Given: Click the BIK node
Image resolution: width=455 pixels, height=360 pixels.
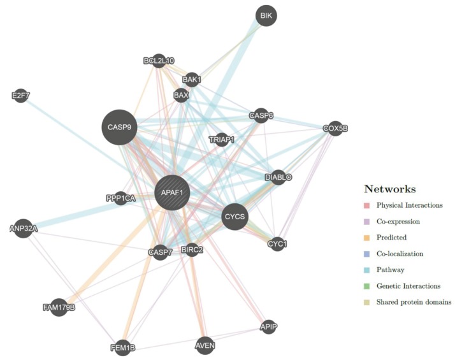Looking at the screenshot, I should point(267,15).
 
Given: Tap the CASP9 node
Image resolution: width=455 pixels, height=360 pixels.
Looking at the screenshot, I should point(119,127).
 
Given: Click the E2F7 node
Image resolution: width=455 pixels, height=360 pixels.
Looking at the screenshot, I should point(21,96).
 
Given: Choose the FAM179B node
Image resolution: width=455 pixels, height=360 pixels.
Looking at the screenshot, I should point(59,308).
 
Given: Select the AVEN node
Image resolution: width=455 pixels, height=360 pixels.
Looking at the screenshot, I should point(205,345).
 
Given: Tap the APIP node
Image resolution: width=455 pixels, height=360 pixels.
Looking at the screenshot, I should point(269,327).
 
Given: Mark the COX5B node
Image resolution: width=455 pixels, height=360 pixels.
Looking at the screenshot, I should point(335,128).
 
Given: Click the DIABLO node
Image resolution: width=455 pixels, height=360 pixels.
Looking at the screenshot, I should point(278,177).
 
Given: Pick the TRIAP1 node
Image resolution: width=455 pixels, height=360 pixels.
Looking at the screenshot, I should point(222,139).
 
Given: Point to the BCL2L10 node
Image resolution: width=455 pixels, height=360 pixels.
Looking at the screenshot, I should point(159,61).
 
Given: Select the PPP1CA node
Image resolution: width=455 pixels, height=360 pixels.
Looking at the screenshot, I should point(120,199).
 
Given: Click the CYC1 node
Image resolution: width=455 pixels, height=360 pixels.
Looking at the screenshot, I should point(277,243).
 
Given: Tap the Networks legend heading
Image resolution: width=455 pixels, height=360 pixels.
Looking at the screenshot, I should point(390,189).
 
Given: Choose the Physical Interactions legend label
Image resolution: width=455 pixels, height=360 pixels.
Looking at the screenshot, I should point(409,205).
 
